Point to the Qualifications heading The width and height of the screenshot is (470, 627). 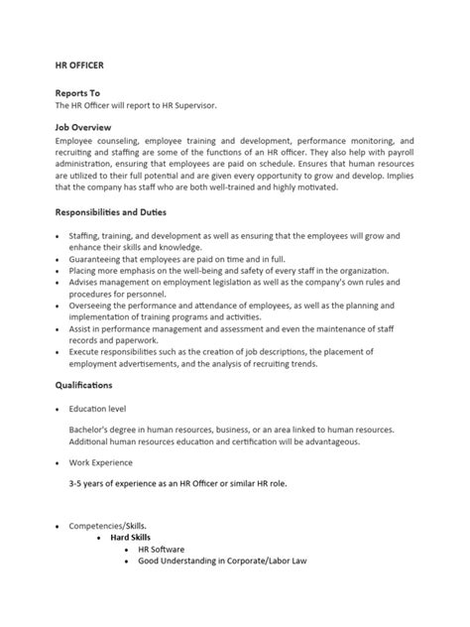[x=84, y=383]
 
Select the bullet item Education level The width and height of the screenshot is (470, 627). [x=97, y=408]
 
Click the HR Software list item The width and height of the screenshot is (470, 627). [x=162, y=549]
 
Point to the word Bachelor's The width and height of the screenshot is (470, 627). [x=90, y=430]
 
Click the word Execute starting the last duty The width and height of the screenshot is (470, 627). [x=87, y=350]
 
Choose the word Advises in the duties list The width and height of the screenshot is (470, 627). [x=86, y=282]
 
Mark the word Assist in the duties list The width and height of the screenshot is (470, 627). [x=82, y=327]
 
